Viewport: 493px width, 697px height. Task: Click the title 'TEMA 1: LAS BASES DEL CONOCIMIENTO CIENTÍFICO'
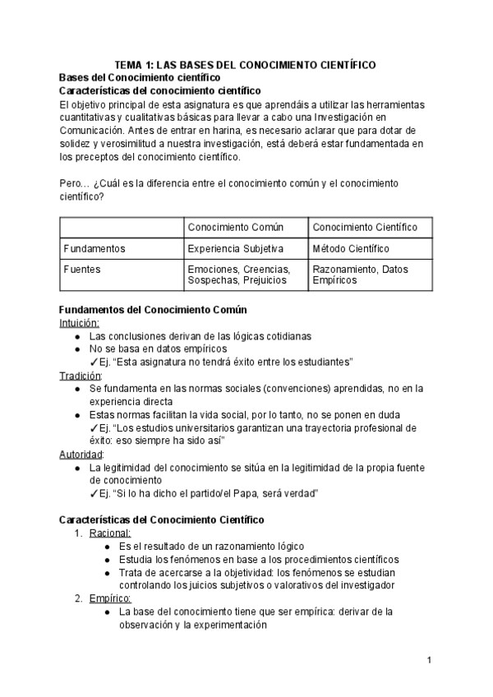(x=245, y=63)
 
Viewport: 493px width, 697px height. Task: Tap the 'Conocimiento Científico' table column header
(x=365, y=227)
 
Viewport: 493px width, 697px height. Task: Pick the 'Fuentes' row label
(x=81, y=269)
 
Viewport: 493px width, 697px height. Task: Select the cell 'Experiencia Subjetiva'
(x=236, y=248)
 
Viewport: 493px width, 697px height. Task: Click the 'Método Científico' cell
(x=351, y=248)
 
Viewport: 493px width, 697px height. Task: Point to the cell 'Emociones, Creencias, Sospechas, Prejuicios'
(x=238, y=275)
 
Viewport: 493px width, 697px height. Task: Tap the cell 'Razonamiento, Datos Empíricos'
(x=360, y=275)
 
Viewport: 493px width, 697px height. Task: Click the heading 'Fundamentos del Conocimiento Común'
(x=148, y=310)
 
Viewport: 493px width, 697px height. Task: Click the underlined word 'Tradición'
(x=80, y=376)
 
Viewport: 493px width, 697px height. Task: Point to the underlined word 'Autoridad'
(x=81, y=454)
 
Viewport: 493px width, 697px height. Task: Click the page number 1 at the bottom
(x=430, y=660)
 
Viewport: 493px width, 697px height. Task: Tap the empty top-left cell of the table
(x=121, y=227)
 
